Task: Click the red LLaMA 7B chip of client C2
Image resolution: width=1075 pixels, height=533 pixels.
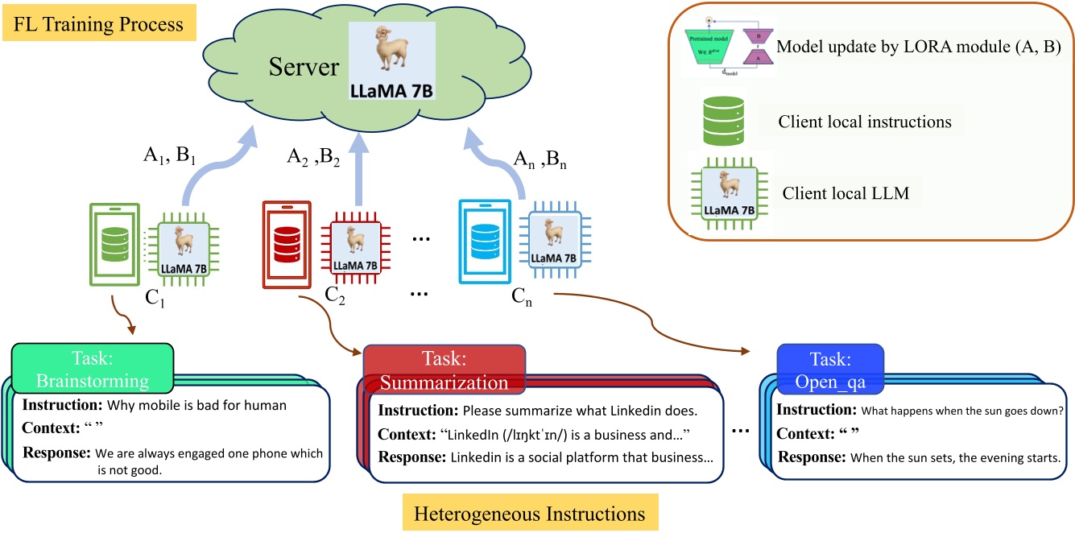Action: coord(350,245)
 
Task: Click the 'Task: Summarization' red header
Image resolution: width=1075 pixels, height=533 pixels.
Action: coord(444,370)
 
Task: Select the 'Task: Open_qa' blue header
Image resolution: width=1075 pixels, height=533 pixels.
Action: coord(829,370)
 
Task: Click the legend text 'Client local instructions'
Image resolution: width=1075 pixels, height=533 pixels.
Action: coord(864,122)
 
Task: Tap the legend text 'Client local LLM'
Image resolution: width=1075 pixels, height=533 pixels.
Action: coord(839,194)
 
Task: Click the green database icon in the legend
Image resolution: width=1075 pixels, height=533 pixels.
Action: coord(719,122)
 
